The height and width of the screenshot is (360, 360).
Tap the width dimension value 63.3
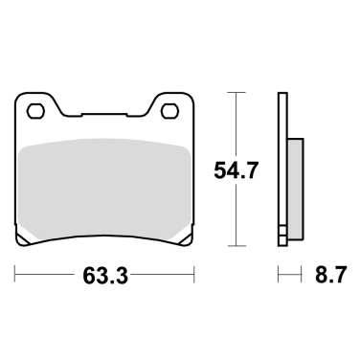[104, 277]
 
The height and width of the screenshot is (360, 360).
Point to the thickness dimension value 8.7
[326, 277]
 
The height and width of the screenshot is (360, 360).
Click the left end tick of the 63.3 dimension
[16, 276]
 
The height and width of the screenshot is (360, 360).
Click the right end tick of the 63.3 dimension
[194, 276]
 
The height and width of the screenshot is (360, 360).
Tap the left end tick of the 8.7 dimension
[279, 276]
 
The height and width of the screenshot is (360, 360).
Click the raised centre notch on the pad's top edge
[105, 115]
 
